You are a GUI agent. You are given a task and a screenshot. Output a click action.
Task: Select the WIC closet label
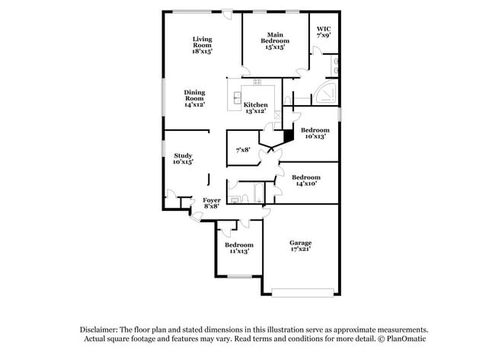coord(324,31)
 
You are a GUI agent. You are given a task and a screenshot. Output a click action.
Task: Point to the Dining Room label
coord(195,99)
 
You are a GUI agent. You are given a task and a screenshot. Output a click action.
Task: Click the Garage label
coord(300,244)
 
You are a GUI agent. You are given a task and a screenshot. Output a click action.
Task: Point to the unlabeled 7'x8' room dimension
coord(243,150)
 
